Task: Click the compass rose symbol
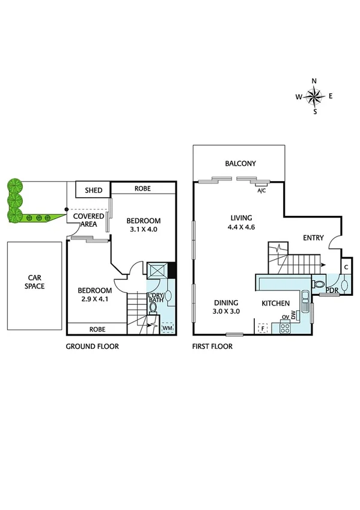pyautogui.click(x=314, y=96)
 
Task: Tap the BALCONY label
pyautogui.click(x=240, y=164)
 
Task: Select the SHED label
pyautogui.click(x=93, y=190)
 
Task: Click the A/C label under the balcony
pyautogui.click(x=261, y=191)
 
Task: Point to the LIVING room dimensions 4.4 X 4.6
pyautogui.click(x=241, y=227)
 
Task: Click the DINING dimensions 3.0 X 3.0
pyautogui.click(x=227, y=312)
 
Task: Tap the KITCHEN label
pyautogui.click(x=276, y=303)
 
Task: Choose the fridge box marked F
pyautogui.click(x=262, y=328)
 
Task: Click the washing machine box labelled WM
pyautogui.click(x=168, y=328)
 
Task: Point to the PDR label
pyautogui.click(x=332, y=291)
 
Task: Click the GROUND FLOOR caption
pyautogui.click(x=93, y=346)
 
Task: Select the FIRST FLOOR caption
pyautogui.click(x=212, y=346)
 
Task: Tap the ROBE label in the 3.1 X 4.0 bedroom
pyautogui.click(x=142, y=188)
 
